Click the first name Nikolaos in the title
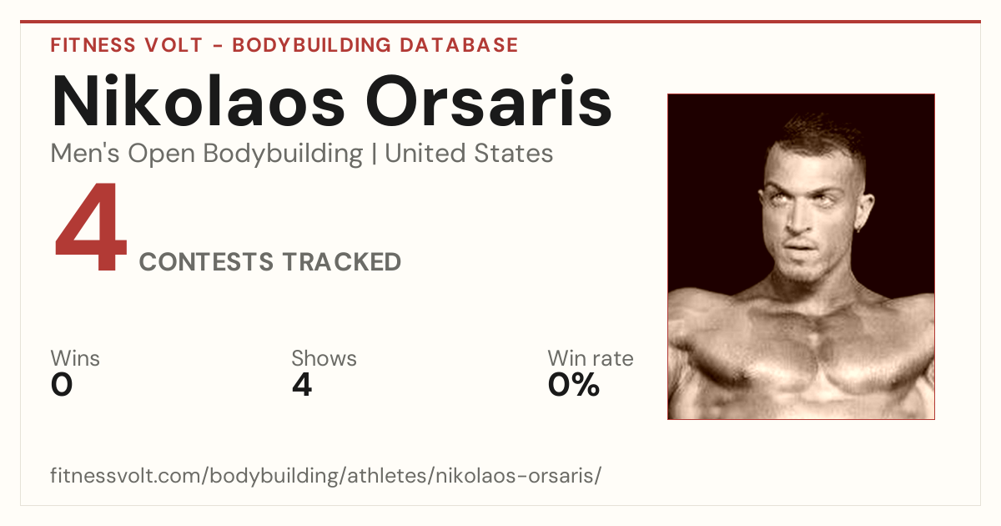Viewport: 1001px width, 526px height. click(198, 101)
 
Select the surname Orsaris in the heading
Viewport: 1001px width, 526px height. click(489, 101)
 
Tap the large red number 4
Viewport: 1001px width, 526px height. click(91, 227)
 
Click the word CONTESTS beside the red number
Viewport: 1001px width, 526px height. click(206, 262)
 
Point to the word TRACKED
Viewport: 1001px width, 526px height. click(342, 262)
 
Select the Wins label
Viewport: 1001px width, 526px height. click(75, 358)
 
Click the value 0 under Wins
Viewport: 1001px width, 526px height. click(62, 385)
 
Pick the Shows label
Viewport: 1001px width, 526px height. click(324, 358)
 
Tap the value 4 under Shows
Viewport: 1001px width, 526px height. click(302, 385)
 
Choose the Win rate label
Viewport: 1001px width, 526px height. click(591, 358)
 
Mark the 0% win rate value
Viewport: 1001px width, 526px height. click(574, 385)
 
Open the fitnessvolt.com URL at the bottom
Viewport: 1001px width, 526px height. click(326, 476)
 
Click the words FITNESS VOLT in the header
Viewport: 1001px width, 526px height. click(127, 45)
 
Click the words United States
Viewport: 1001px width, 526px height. click(469, 154)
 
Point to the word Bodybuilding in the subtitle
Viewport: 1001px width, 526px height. click(283, 154)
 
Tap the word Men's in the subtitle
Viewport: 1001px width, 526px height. click(85, 154)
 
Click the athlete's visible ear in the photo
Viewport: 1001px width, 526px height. click(866, 212)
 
